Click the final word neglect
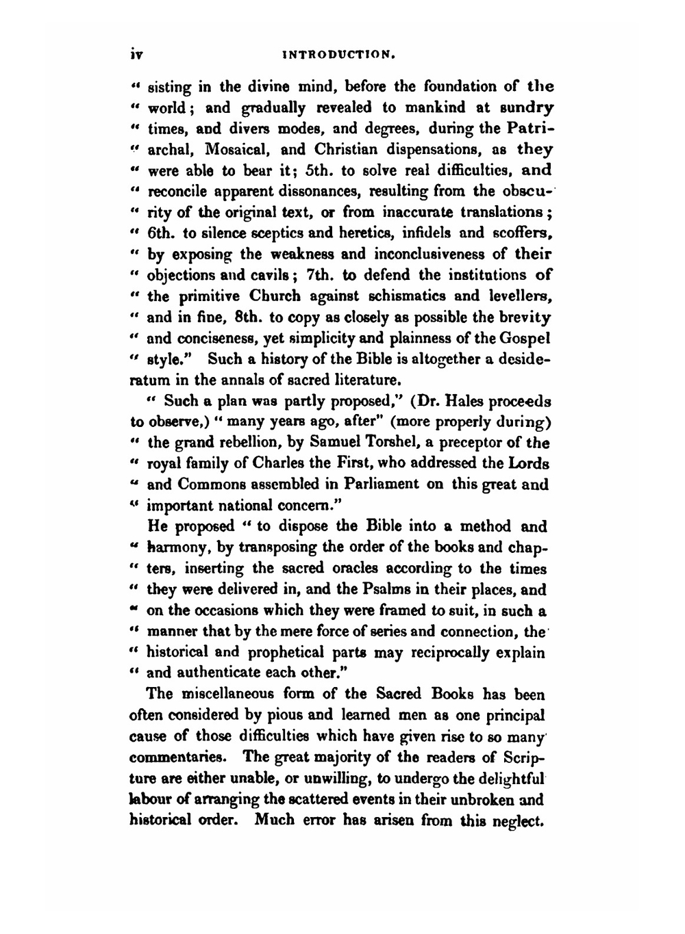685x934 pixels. (518, 820)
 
